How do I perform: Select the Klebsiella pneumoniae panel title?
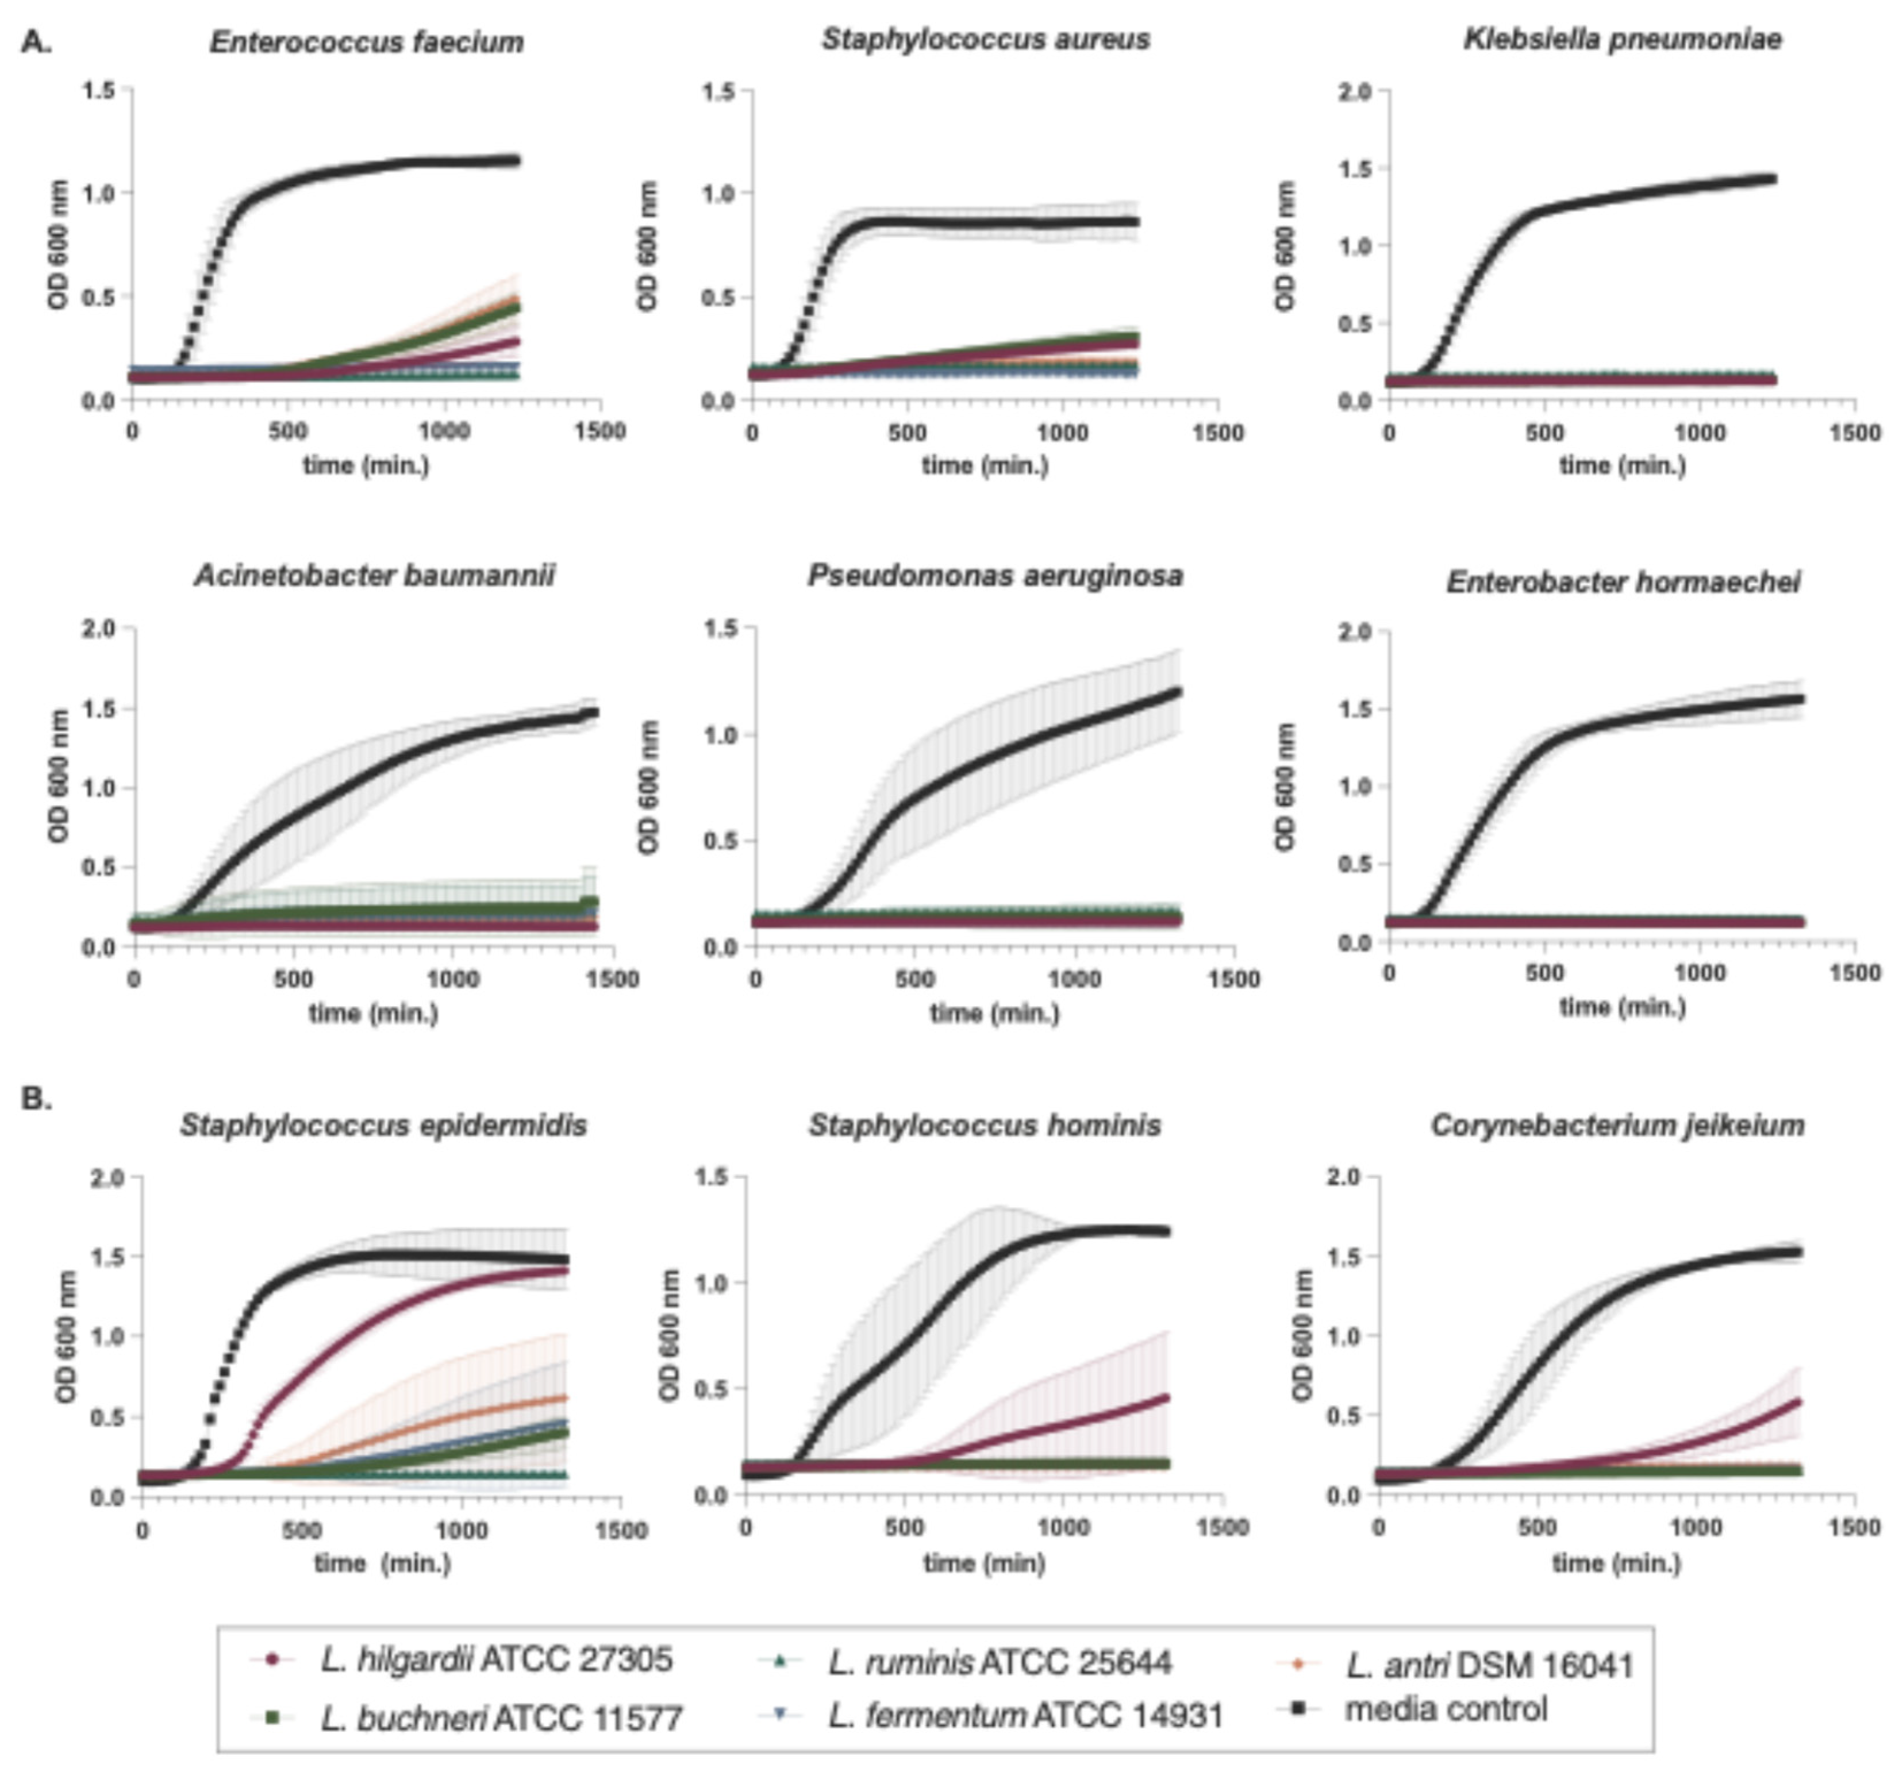tap(1623, 39)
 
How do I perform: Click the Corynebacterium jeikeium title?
tap(1617, 1126)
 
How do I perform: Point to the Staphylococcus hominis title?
tap(985, 1126)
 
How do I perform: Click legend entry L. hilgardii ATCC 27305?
tap(495, 1659)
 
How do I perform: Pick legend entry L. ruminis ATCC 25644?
tap(999, 1662)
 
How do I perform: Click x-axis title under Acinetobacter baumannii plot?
tap(372, 1012)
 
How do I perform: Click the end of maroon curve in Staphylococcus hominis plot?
tap(1167, 1397)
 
